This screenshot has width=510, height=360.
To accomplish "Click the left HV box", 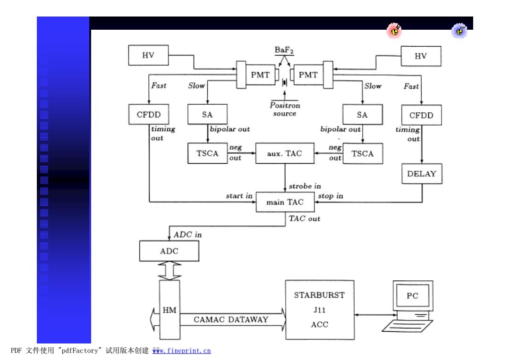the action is pos(148,55).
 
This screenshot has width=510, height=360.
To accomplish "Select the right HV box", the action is pos(421,56).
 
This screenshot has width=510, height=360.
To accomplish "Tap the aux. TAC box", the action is pos(285,153).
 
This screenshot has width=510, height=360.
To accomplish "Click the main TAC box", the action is pos(285,202).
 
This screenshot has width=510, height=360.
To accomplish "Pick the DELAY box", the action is pos(422,174).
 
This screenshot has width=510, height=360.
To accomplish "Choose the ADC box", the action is pos(169,251).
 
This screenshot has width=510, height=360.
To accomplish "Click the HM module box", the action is pos(170,310).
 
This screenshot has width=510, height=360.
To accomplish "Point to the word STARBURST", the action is pos(319,295).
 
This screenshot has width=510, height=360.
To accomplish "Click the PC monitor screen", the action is pos(413,295).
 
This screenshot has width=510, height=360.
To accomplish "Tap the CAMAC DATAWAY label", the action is pos(231,320).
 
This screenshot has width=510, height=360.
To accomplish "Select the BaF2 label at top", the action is pos(284,50).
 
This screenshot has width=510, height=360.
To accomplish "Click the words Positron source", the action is pos(285,109).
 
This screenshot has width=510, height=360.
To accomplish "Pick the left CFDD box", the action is pos(149,114).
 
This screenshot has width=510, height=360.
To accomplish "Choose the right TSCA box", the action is pos(363,154).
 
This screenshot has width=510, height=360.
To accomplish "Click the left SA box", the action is pos(207,114).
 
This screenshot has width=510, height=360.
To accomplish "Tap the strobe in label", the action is pos(305,186).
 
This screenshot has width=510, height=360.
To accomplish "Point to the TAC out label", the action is pos(305,218).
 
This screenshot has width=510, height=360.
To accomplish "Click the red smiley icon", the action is pos(394,31).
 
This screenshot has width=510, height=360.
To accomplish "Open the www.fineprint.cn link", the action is pos(181,351).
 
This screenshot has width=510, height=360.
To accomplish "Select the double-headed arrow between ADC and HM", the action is pos(170,271).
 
